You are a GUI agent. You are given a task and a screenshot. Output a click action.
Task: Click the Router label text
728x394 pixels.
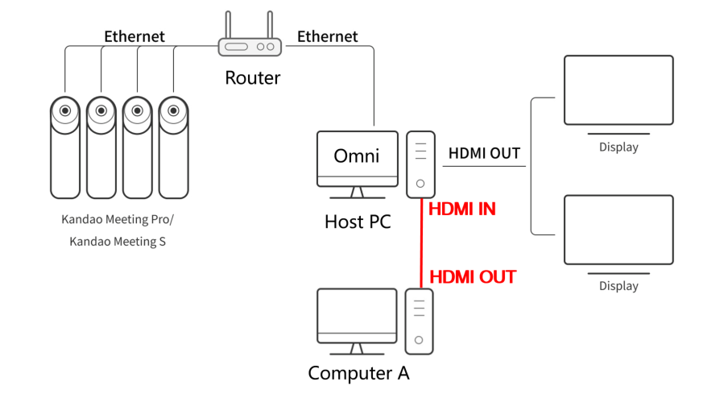click(x=253, y=77)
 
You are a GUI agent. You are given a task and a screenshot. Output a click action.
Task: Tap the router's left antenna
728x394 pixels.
click(x=228, y=25)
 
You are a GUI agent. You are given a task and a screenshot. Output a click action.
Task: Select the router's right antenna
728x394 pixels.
click(x=270, y=25)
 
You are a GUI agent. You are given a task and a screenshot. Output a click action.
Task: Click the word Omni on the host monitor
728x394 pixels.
click(x=357, y=156)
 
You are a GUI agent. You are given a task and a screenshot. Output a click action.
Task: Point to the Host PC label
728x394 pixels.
click(x=358, y=222)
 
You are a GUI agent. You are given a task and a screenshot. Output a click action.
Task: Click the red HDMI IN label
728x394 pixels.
click(x=462, y=209)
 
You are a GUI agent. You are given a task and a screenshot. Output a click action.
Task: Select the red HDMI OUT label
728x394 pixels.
click(x=473, y=277)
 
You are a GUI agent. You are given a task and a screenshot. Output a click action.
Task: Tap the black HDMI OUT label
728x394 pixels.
click(x=484, y=153)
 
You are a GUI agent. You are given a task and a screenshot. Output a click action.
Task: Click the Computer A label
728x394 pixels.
click(x=358, y=373)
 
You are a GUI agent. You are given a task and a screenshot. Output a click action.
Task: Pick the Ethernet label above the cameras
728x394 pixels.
click(x=134, y=36)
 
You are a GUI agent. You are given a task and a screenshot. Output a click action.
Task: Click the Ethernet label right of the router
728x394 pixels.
click(x=327, y=36)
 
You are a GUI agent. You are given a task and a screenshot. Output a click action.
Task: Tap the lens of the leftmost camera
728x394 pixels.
click(x=65, y=110)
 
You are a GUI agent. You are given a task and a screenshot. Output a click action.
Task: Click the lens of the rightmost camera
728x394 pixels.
click(x=174, y=110)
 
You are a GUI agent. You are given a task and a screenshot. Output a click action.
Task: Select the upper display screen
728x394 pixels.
click(x=618, y=90)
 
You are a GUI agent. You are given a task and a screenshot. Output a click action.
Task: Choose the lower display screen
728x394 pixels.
click(x=618, y=230)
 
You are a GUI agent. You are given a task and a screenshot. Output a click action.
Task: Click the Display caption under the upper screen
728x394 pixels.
click(x=618, y=147)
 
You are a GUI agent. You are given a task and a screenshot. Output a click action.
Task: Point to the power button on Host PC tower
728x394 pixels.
click(x=420, y=184)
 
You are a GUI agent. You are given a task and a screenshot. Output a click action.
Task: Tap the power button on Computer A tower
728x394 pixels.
click(x=419, y=340)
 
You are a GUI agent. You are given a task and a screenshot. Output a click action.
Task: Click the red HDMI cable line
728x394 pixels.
click(x=421, y=243)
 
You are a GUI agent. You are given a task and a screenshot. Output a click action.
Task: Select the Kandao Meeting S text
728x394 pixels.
click(x=118, y=242)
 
